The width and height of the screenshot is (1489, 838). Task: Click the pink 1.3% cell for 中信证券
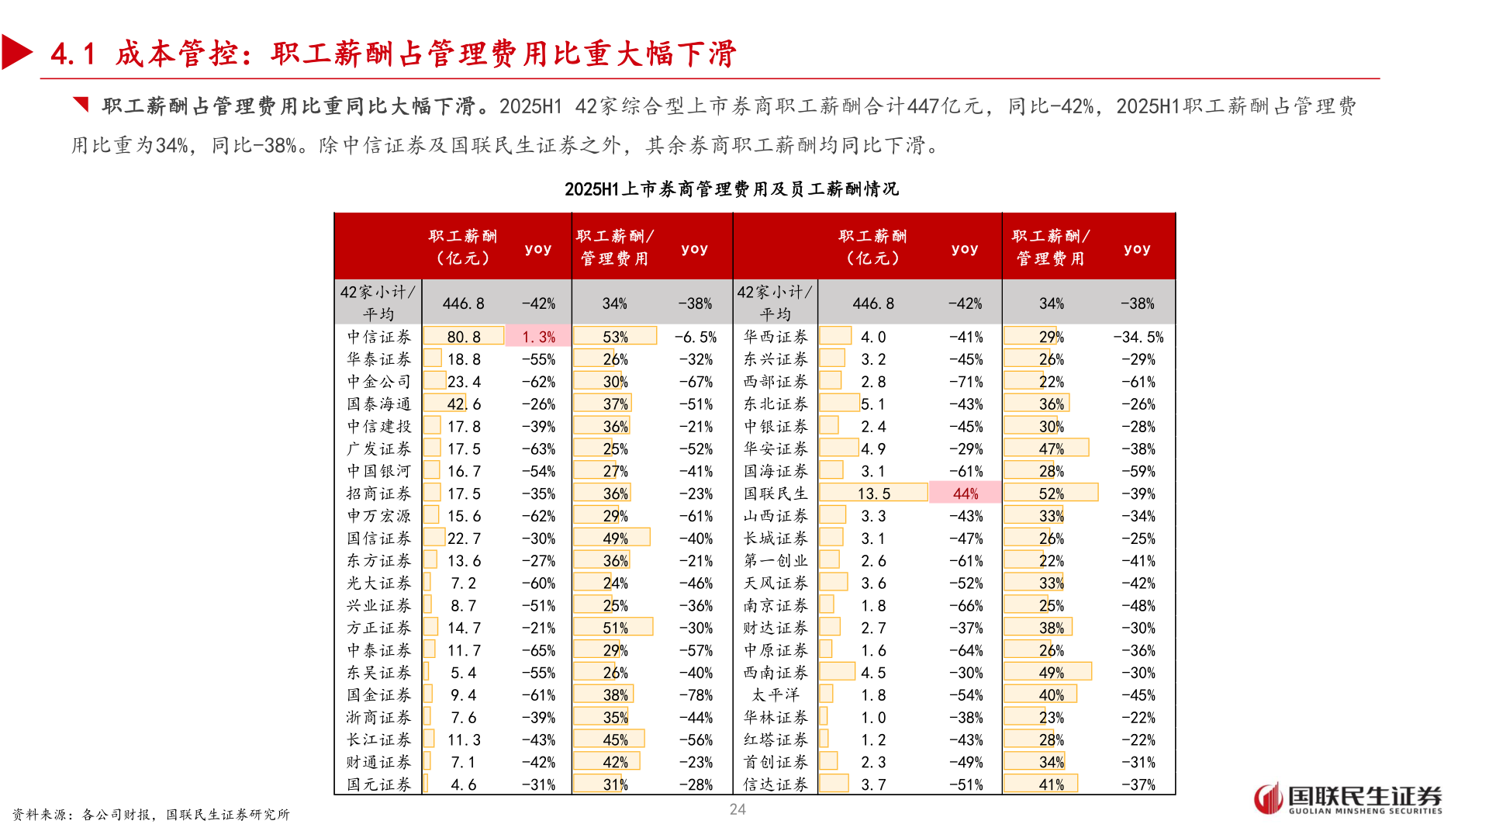point(538,337)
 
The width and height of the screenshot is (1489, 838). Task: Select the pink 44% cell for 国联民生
point(966,493)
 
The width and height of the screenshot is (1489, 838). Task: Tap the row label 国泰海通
point(378,404)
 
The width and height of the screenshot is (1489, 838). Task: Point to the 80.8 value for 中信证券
point(464,337)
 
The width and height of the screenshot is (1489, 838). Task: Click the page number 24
point(738,809)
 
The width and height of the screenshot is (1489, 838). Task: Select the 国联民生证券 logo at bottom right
point(1348,798)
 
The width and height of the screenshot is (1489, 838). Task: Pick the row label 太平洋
point(776,695)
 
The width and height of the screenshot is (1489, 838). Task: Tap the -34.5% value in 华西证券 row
point(1138,337)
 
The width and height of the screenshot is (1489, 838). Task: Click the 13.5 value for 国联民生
point(874,493)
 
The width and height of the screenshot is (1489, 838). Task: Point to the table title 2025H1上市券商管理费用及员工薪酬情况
point(731,189)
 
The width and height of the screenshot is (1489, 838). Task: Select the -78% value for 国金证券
point(696,695)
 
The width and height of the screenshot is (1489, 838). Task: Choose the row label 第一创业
point(776,561)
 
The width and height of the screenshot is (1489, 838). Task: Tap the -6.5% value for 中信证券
point(696,337)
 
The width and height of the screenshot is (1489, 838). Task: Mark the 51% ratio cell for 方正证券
point(615,628)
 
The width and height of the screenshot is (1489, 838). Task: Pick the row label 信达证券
point(776,784)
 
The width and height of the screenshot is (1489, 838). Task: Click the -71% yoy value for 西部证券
point(966,382)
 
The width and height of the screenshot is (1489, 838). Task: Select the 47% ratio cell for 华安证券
point(1051,448)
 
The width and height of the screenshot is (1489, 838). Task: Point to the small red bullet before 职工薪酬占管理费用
point(81,104)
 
